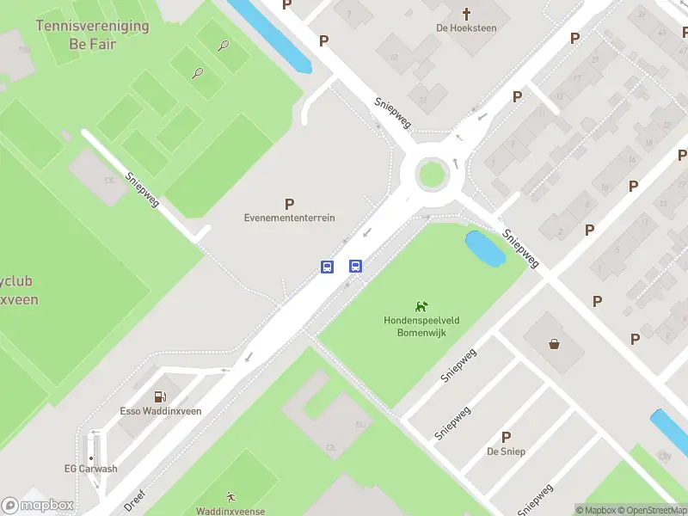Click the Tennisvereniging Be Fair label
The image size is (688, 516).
[x=92, y=34]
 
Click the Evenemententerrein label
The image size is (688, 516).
[x=289, y=218]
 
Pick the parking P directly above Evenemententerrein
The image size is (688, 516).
[x=289, y=204]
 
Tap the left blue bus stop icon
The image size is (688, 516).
[x=328, y=267]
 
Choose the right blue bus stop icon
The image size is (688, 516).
[x=354, y=266]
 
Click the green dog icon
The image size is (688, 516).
[x=421, y=306]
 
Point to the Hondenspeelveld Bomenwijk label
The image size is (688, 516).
[x=421, y=326]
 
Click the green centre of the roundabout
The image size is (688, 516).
[x=432, y=174]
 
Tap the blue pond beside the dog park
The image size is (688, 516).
[x=484, y=249]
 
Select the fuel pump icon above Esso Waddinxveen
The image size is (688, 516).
[x=160, y=396]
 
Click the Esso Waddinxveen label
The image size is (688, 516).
[x=160, y=411]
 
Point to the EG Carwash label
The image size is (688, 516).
[x=90, y=469]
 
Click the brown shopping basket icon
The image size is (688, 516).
[x=555, y=344]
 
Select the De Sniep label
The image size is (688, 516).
[x=506, y=451]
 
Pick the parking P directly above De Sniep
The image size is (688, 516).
[x=506, y=437]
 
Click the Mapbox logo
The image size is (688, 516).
[x=38, y=505]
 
